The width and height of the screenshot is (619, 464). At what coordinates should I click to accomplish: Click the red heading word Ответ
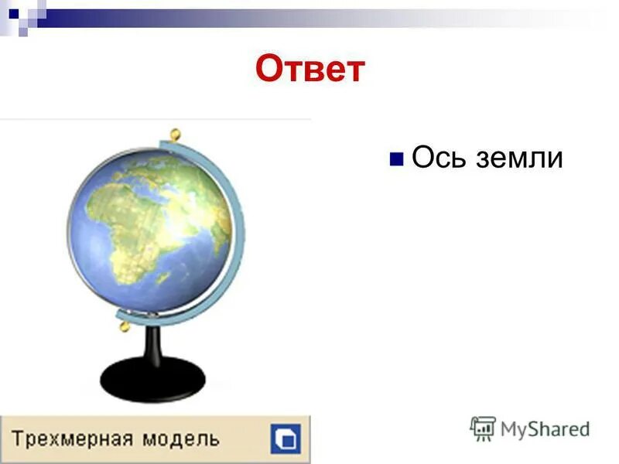(309, 70)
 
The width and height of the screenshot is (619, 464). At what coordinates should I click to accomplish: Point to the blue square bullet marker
(396, 159)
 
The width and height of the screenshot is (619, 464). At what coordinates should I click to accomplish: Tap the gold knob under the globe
(122, 326)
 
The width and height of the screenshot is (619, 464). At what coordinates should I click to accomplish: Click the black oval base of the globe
(152, 378)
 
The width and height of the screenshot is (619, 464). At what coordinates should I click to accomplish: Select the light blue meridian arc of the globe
(232, 232)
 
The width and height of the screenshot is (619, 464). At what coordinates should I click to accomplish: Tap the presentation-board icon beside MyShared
(483, 428)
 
